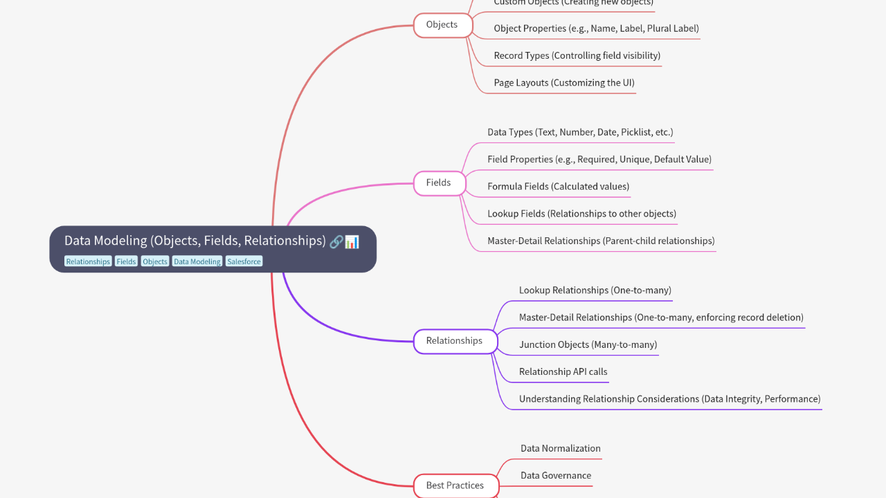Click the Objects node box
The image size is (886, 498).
point(442,25)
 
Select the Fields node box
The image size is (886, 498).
point(439,183)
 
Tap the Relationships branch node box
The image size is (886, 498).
point(455,340)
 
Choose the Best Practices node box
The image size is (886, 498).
point(455,485)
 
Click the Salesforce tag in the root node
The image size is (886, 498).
point(244,261)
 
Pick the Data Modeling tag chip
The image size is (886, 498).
point(197,261)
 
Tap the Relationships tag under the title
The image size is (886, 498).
point(88,261)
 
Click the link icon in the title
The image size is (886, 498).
point(336,241)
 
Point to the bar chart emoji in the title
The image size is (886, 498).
point(352,241)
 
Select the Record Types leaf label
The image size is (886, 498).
point(577,55)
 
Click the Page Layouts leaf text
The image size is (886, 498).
point(563,82)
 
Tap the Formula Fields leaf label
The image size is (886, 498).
point(558,186)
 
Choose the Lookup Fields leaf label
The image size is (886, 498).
point(581,213)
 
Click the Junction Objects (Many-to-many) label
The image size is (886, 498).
point(588,344)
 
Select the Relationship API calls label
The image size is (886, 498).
point(563,371)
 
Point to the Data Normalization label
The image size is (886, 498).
point(560,448)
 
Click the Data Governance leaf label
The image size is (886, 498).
point(555,475)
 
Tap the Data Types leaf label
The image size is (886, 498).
point(580,131)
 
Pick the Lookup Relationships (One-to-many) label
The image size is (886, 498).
point(595,290)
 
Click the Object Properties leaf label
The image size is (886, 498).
point(596,28)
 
